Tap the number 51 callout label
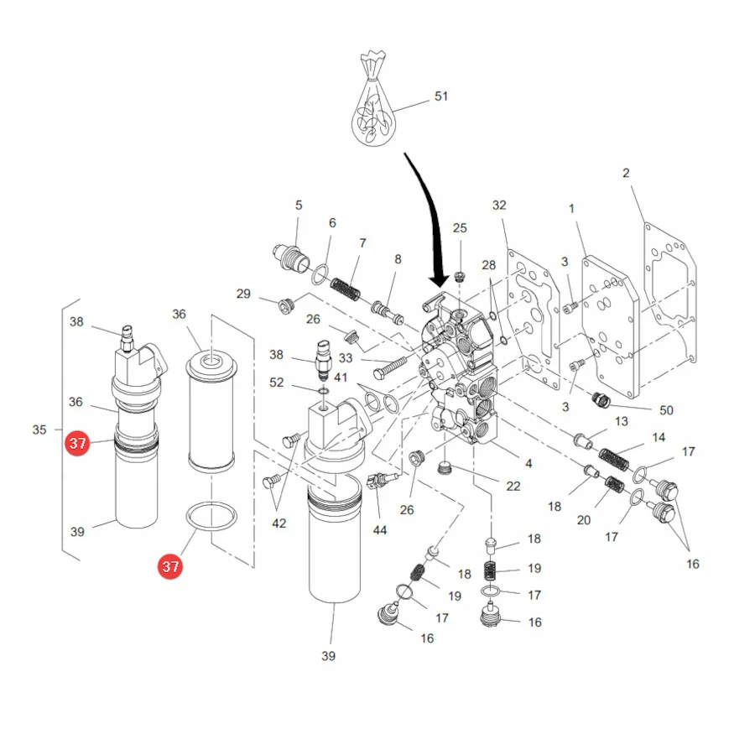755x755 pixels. (441, 96)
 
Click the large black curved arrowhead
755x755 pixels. (439, 279)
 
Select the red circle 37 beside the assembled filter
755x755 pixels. (77, 443)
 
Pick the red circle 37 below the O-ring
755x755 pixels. (170, 565)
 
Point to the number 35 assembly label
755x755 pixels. (39, 430)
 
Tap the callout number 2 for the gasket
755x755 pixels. (626, 173)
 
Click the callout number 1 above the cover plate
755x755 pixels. (571, 209)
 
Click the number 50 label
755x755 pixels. (666, 410)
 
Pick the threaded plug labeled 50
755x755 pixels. (600, 399)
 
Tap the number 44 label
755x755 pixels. (380, 530)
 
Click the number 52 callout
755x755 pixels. (276, 383)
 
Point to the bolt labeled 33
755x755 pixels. (390, 367)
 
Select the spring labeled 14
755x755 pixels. (614, 459)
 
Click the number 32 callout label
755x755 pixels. (499, 206)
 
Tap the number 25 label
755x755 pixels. (460, 227)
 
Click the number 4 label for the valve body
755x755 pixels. (528, 463)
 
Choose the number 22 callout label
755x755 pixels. (513, 487)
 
